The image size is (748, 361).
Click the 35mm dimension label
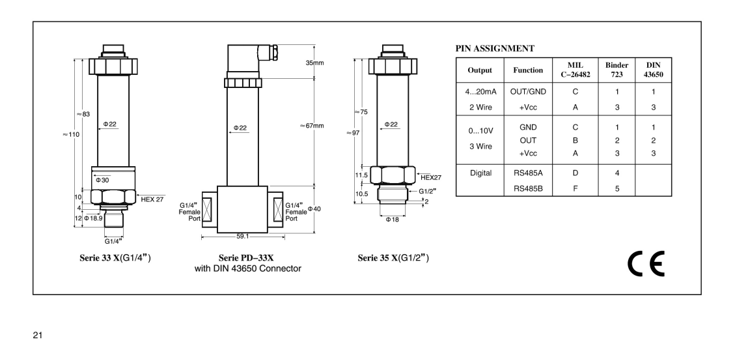[x=315, y=63]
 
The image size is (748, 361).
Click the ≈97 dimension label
[x=354, y=132]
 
